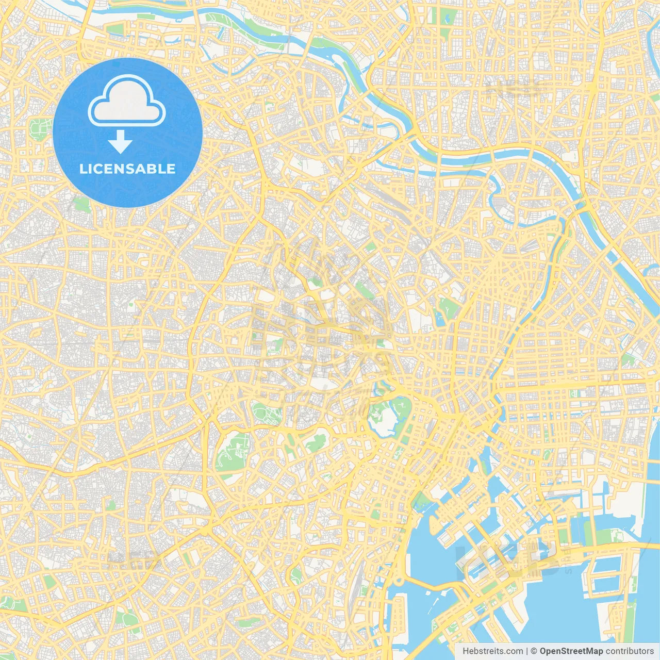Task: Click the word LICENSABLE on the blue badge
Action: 127,169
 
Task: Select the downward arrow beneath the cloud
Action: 120,142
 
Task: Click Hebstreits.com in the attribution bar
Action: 493,651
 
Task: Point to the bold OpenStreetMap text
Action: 571,651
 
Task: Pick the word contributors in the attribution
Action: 630,651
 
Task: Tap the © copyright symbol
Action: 534,651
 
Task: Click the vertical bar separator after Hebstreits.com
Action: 527,651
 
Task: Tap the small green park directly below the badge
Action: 81,205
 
